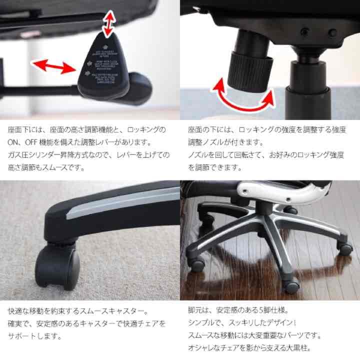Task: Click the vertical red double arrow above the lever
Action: (106, 23)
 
